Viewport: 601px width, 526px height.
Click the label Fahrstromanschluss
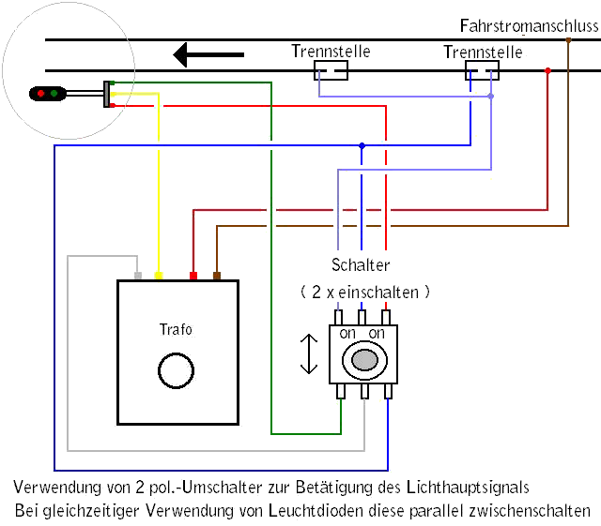click(x=529, y=25)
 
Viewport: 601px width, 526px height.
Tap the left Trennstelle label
click(x=331, y=52)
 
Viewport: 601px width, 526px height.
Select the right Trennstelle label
click(x=483, y=53)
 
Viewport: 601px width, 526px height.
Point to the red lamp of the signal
click(x=40, y=93)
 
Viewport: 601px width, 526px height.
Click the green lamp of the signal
click(x=54, y=93)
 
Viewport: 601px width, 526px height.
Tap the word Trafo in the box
click(x=176, y=329)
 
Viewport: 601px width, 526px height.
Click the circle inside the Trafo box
click(x=176, y=370)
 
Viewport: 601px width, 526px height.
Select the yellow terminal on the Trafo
click(x=158, y=276)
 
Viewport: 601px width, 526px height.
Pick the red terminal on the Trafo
click(x=193, y=276)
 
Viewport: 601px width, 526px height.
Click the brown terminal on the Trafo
click(x=217, y=276)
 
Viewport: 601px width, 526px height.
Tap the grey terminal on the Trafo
click(x=138, y=276)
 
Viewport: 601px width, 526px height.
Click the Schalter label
click(x=361, y=265)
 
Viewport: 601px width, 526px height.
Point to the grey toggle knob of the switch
click(x=364, y=358)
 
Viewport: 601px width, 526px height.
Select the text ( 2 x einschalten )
click(x=364, y=293)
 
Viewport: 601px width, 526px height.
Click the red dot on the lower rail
click(x=547, y=70)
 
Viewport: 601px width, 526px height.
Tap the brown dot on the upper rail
click(x=568, y=39)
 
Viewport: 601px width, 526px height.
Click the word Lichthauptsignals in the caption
click(x=469, y=488)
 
